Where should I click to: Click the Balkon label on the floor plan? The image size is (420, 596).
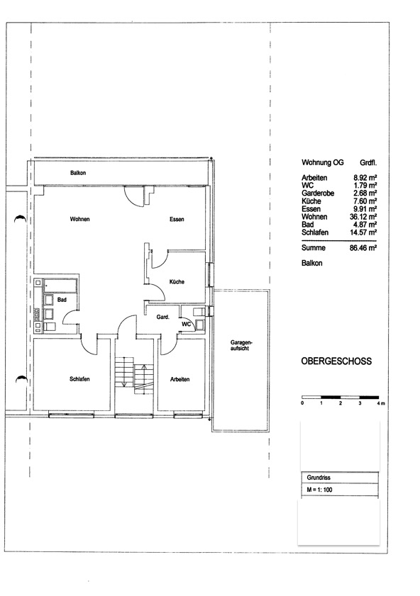click(78, 173)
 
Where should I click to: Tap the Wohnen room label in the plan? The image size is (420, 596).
click(80, 219)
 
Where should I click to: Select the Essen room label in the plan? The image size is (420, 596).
click(177, 219)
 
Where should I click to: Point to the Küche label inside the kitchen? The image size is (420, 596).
click(177, 281)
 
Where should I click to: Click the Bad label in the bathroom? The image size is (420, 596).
click(62, 300)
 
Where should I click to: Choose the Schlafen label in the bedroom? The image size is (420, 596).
click(79, 379)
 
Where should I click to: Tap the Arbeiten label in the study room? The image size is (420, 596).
click(180, 379)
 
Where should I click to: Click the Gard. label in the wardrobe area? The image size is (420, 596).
click(163, 317)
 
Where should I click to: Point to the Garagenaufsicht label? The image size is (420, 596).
click(240, 345)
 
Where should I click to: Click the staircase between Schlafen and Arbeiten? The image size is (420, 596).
click(134, 376)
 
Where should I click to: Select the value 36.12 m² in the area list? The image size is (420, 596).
click(363, 217)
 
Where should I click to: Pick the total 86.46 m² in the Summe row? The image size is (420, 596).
click(363, 248)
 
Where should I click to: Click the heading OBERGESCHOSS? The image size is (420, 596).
click(336, 361)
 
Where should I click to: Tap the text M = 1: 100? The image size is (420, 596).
click(319, 490)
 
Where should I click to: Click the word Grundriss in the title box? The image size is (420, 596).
click(319, 478)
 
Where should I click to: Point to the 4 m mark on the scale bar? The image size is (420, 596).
click(381, 403)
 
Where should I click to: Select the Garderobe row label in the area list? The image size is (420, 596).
click(318, 193)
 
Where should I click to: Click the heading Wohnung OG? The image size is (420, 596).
click(323, 163)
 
